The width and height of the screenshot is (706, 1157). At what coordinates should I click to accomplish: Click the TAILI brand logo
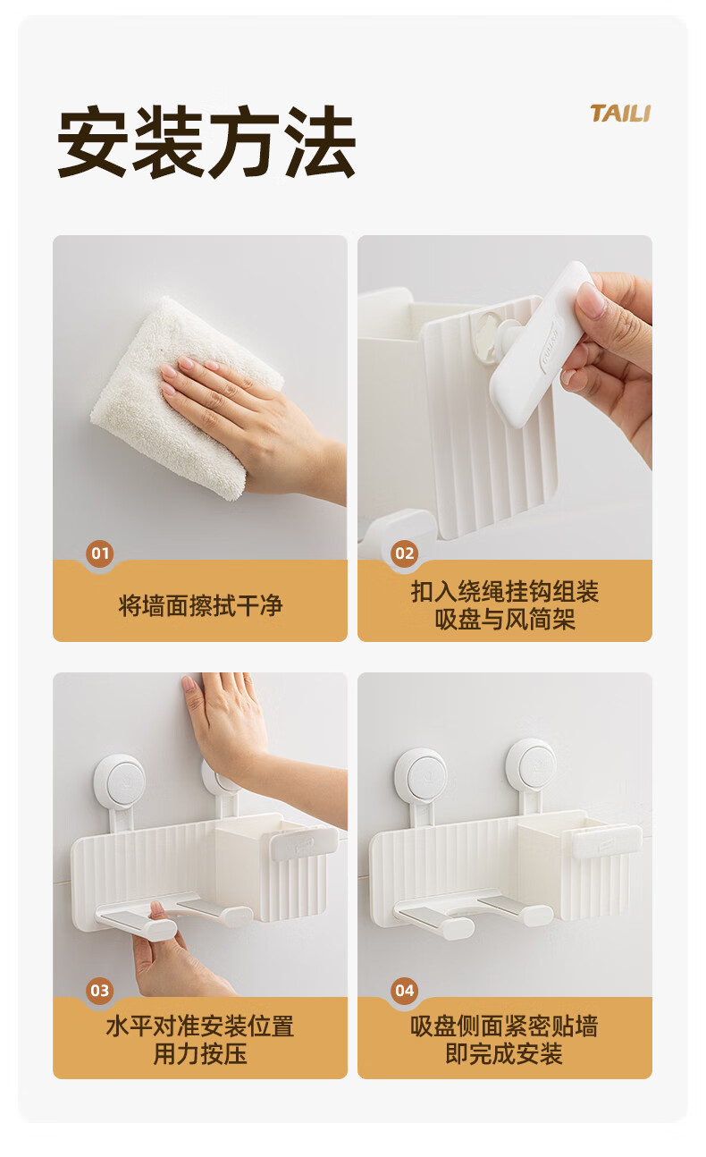point(620,114)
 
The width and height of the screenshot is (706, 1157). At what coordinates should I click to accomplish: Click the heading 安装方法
point(206,141)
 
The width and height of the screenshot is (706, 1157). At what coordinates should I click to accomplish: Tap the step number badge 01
point(99,553)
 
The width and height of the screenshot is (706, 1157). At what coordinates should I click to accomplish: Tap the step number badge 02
point(404,553)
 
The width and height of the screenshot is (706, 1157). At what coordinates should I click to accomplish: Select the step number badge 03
point(99,991)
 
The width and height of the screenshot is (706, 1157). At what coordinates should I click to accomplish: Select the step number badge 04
point(404,991)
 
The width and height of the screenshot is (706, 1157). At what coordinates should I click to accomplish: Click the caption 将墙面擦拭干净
point(200,605)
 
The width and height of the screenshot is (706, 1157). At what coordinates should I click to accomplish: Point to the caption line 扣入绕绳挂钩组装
point(505,591)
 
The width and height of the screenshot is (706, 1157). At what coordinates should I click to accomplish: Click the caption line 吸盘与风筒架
point(505,620)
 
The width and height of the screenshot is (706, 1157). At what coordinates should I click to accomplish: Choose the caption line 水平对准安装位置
point(200,1026)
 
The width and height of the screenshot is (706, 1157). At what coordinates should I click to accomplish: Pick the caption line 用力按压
point(200,1054)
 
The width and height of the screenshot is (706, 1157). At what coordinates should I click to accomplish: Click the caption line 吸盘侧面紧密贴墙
point(505,1026)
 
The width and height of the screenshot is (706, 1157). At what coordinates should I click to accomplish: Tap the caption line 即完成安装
point(505,1054)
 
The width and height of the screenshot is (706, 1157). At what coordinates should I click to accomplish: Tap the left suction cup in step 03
point(120,780)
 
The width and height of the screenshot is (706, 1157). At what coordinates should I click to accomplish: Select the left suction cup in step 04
point(421,776)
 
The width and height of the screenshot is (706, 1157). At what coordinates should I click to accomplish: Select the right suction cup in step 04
point(531,766)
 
